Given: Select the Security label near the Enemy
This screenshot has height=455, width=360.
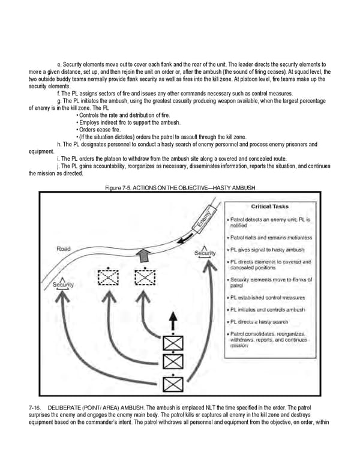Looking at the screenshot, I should point(205,253).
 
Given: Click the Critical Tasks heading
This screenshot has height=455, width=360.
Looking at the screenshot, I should point(269,206).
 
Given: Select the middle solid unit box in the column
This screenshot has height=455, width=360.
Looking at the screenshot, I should point(173,362).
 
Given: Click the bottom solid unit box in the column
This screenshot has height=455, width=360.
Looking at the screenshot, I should point(173,382).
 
